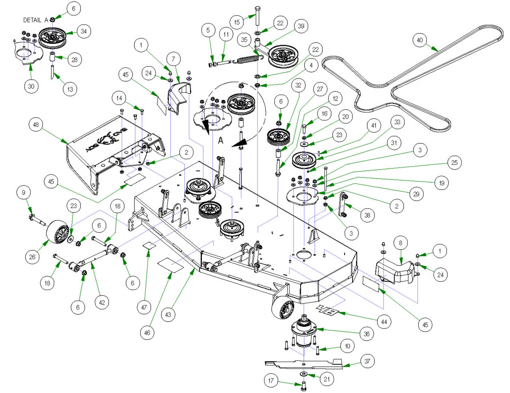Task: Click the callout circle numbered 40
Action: pyautogui.click(x=420, y=40)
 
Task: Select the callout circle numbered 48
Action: pyautogui.click(x=36, y=124)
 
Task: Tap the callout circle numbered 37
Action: pyautogui.click(x=367, y=361)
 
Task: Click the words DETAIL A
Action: pyautogui.click(x=35, y=20)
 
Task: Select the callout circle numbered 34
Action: pyautogui.click(x=84, y=31)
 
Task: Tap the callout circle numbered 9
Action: pyautogui.click(x=24, y=192)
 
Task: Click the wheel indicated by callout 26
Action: pyautogui.click(x=58, y=232)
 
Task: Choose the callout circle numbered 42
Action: pyautogui.click(x=102, y=302)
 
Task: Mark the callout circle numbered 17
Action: pyautogui.click(x=271, y=381)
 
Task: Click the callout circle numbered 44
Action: pyautogui.click(x=384, y=322)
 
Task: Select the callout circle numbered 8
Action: pyautogui.click(x=401, y=243)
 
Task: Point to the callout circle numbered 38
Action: pyautogui.click(x=367, y=215)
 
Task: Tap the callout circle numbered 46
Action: pyautogui.click(x=147, y=333)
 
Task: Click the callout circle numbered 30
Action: pyautogui.click(x=31, y=86)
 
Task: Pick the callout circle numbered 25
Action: pyautogui.click(x=454, y=162)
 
